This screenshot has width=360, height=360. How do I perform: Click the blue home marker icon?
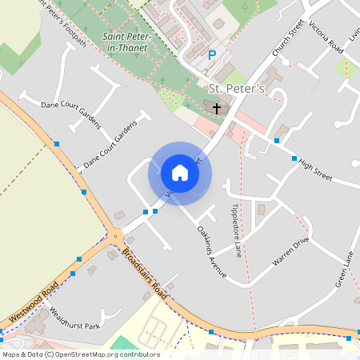pyautogui.click(x=180, y=173)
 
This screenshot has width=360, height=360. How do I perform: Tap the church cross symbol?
pyautogui.click(x=217, y=106)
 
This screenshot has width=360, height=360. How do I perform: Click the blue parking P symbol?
pyautogui.click(x=212, y=55)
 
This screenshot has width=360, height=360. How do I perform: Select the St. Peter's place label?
pyautogui.click(x=236, y=87)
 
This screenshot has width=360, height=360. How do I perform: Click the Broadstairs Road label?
pyautogui.click(x=144, y=276)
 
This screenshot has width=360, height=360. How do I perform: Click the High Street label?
pyautogui.click(x=315, y=170)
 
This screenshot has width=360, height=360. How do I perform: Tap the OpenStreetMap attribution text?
pyautogui.click(x=80, y=354)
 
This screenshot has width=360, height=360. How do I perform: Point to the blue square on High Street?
pyautogui.click(x=294, y=158)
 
